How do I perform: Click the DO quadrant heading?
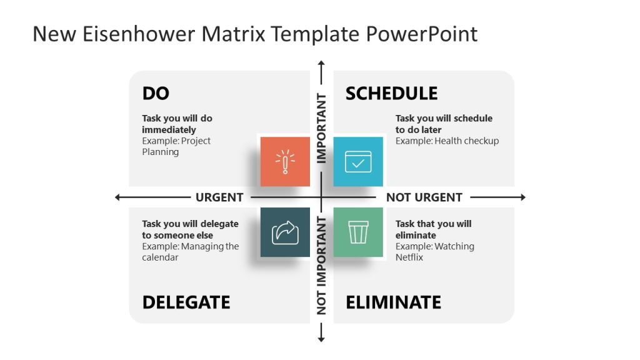pos(156,94)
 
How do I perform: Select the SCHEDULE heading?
pos(391,94)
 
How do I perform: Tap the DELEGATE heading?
pos(186,302)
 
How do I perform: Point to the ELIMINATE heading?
pos(393,302)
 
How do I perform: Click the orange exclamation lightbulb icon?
pos(285,161)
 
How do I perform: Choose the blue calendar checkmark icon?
pos(358,161)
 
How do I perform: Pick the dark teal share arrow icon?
pos(285,232)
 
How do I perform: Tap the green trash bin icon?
pos(358,232)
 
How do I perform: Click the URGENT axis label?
pos(219,197)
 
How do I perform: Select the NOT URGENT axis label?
pos(424,197)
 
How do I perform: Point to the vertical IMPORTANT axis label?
pos(322,128)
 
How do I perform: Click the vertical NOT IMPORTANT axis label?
pos(322,265)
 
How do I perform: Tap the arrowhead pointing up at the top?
pos(321,64)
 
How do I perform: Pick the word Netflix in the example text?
pos(409,257)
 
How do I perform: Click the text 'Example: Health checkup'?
pos(447,141)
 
